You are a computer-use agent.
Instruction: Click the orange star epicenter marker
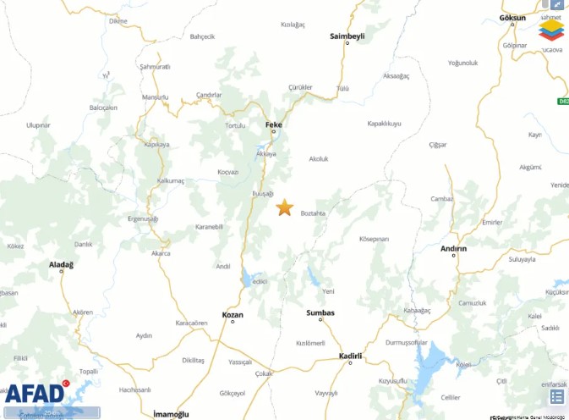point(285,207)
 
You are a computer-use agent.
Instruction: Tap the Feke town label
point(273,124)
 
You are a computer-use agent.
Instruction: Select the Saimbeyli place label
point(346,36)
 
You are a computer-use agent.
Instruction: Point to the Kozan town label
point(232,315)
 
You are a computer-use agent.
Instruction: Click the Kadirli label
point(350,356)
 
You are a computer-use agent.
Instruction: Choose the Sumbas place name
point(320,312)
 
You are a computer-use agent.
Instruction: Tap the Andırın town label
point(454,248)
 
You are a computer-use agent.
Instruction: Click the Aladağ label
point(61,265)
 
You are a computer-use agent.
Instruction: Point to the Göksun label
point(512,17)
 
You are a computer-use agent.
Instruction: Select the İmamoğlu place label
point(172,414)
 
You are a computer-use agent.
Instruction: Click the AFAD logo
point(35,393)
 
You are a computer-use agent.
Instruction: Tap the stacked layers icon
point(550,29)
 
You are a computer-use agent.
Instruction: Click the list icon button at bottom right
point(557,396)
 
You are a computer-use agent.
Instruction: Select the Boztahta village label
point(314,213)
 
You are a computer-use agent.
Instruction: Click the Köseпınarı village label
point(374,240)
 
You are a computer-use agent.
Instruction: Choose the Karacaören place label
point(191,323)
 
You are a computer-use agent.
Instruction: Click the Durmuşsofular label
point(408,342)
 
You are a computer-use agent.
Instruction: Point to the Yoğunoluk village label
point(463,63)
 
